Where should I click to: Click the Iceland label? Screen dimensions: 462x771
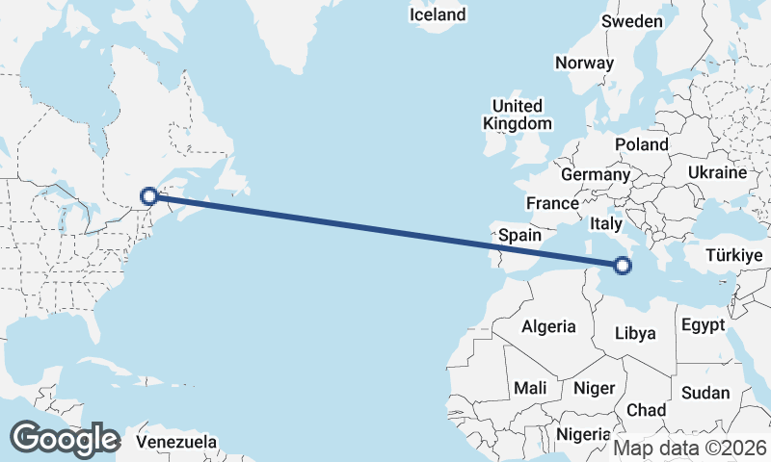(x=438, y=14)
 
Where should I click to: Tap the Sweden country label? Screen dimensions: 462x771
(x=632, y=21)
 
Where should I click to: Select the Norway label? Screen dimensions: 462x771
(x=584, y=64)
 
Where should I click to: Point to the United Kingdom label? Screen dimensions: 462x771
(x=518, y=115)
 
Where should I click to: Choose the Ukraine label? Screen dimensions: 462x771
(x=717, y=172)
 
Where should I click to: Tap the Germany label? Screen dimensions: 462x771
(x=595, y=175)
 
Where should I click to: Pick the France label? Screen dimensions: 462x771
(x=552, y=203)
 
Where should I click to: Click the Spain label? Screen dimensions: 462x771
(x=521, y=235)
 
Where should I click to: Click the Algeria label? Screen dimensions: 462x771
(x=548, y=326)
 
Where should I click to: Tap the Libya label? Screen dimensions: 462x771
(x=635, y=333)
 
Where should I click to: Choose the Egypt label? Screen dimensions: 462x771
(x=702, y=325)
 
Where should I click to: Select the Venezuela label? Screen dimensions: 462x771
(x=175, y=442)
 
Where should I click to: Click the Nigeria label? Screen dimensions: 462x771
(x=583, y=434)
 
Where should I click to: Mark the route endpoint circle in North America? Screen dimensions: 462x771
(x=149, y=196)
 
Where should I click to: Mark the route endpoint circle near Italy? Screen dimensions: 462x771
(x=623, y=265)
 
